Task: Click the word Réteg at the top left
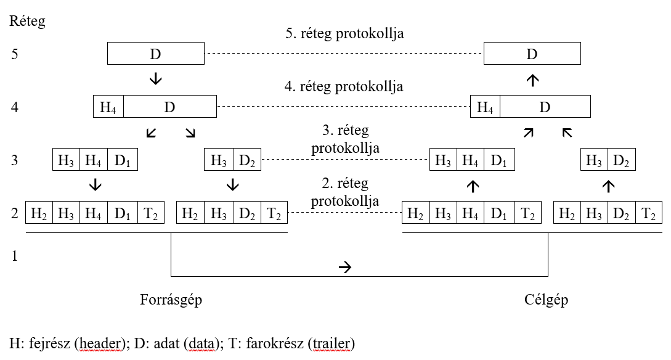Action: [x=27, y=22]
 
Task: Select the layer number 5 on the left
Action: [x=15, y=54]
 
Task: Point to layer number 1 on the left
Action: [x=15, y=255]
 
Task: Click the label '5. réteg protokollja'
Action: [x=344, y=33]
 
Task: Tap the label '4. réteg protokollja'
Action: [x=344, y=86]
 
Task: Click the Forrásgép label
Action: [x=171, y=300]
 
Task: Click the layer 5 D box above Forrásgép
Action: [x=155, y=54]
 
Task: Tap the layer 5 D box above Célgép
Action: [x=532, y=54]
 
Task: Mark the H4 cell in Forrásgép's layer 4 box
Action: [x=108, y=107]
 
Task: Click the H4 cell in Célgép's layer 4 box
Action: [x=485, y=107]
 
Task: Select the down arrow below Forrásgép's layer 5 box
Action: [x=155, y=78]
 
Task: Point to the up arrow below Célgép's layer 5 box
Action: [x=532, y=78]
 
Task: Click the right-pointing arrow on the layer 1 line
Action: [x=344, y=267]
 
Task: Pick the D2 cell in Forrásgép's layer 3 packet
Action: [x=246, y=161]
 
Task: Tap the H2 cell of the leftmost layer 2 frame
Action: [x=39, y=214]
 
